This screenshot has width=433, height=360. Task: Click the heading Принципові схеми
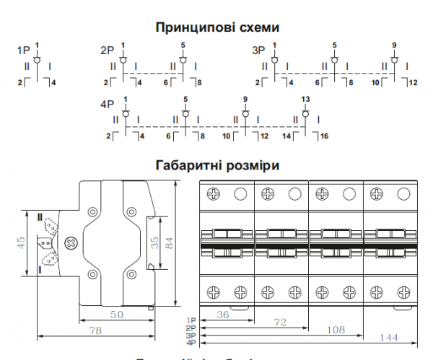coord(217,28)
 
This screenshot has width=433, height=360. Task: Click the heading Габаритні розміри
coord(217,165)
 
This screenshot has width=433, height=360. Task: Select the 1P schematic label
coord(23,52)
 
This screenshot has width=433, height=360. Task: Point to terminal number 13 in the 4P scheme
coord(305,98)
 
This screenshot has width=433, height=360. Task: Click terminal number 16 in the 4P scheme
coord(325,136)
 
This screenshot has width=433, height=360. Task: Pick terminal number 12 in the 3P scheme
coord(413,83)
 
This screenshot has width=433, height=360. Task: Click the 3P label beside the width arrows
coord(191,335)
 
